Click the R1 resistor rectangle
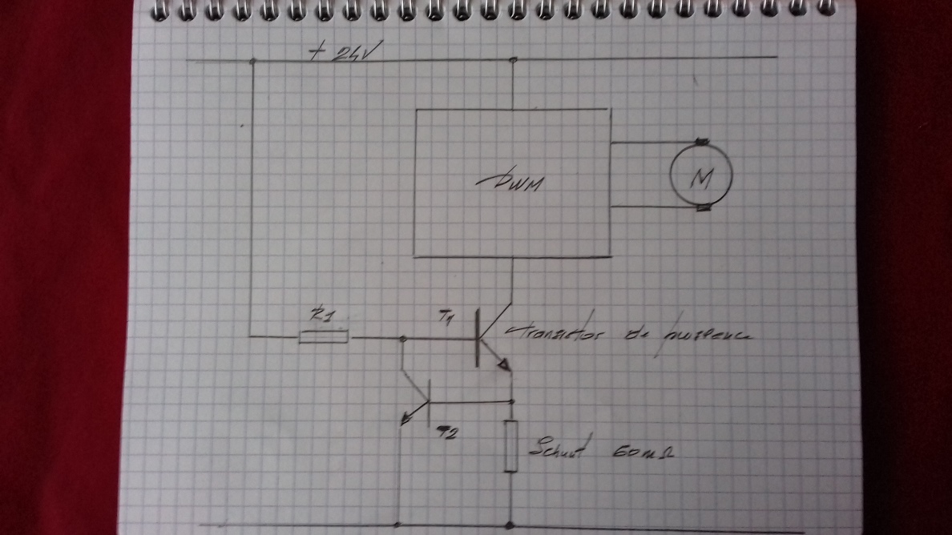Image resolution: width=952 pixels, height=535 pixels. click(323, 337)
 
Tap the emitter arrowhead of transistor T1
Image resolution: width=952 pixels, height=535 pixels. click(505, 365)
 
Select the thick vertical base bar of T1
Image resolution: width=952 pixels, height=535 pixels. click(478, 336)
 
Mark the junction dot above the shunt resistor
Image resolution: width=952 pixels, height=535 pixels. click(511, 400)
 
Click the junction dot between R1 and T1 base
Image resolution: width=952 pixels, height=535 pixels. click(402, 340)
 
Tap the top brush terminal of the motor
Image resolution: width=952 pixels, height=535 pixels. click(702, 143)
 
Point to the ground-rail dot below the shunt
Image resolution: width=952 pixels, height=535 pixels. click(511, 525)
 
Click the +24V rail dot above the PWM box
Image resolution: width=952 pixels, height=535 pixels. click(513, 60)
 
